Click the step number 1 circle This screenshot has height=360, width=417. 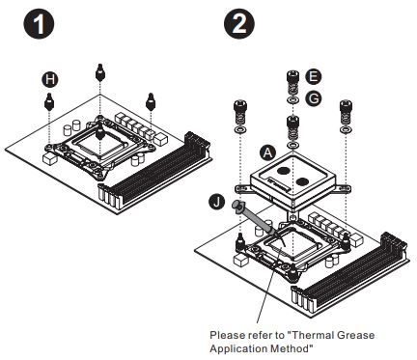pos(39,24)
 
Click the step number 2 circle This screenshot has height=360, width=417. pos(239,24)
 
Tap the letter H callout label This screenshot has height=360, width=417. pos(50,79)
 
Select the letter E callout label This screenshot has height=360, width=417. pos(314,76)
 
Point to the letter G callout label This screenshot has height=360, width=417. pos(314,98)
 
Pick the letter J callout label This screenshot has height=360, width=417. pos(217,202)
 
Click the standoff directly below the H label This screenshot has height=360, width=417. pos(49,101)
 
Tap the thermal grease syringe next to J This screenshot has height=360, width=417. pos(253,219)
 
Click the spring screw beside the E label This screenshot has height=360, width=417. pos(292,82)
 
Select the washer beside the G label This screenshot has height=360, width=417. pos(292,100)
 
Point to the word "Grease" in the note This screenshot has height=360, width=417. pos(355,335)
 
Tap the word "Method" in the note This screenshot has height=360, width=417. pos(292,348)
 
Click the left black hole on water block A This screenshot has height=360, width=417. pos(285,171)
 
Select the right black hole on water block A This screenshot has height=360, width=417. pos(303,182)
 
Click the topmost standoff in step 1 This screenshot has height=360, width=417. pos(100,72)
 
